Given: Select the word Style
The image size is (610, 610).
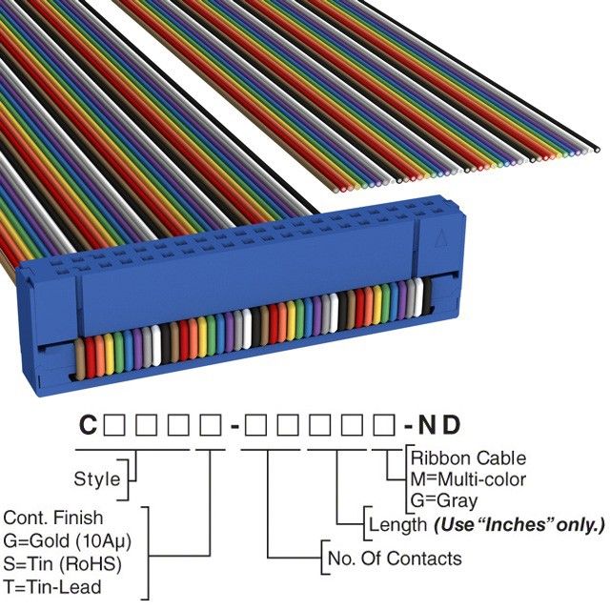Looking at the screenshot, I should click(96, 478).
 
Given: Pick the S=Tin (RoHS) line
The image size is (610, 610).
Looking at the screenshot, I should click(63, 563).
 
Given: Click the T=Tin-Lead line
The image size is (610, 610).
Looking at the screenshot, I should click(53, 586).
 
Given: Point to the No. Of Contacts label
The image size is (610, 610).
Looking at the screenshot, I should click(395, 559).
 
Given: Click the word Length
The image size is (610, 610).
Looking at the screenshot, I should click(398, 524).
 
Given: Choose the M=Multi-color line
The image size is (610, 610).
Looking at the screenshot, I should click(467, 478).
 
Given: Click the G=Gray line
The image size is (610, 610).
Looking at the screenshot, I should click(443, 499).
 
